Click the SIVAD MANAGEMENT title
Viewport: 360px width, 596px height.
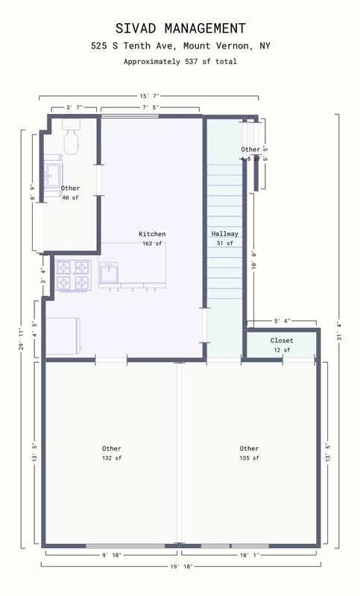(180, 28)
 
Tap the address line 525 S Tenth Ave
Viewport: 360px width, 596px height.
(180, 46)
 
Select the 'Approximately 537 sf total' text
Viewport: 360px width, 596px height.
(180, 62)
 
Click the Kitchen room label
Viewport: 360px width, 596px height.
(152, 234)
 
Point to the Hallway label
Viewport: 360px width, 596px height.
(224, 234)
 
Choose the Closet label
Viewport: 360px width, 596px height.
(282, 340)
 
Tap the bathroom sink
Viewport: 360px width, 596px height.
(52, 177)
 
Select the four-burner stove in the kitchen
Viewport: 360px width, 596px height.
(73, 276)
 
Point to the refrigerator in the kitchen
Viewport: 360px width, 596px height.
(64, 335)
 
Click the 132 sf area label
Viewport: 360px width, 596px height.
(112, 458)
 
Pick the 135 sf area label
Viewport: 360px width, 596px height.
(249, 458)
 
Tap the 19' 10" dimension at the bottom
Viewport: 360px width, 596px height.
(180, 566)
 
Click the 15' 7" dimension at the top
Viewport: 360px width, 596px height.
(149, 96)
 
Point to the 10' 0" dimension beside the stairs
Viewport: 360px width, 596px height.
(254, 264)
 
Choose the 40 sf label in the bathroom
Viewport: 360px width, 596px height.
(70, 197)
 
